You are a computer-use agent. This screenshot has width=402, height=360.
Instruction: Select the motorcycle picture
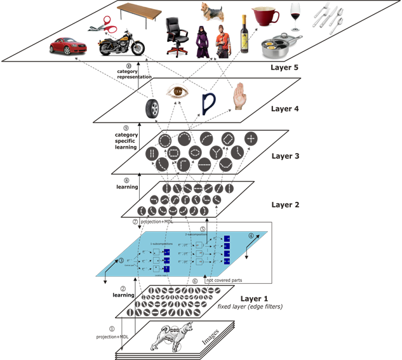tap(121, 43)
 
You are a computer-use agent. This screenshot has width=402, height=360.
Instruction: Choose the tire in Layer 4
tap(152, 107)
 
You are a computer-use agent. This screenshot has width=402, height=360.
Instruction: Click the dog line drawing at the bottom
tap(169, 336)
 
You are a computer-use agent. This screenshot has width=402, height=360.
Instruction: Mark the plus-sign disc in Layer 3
tap(251, 138)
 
